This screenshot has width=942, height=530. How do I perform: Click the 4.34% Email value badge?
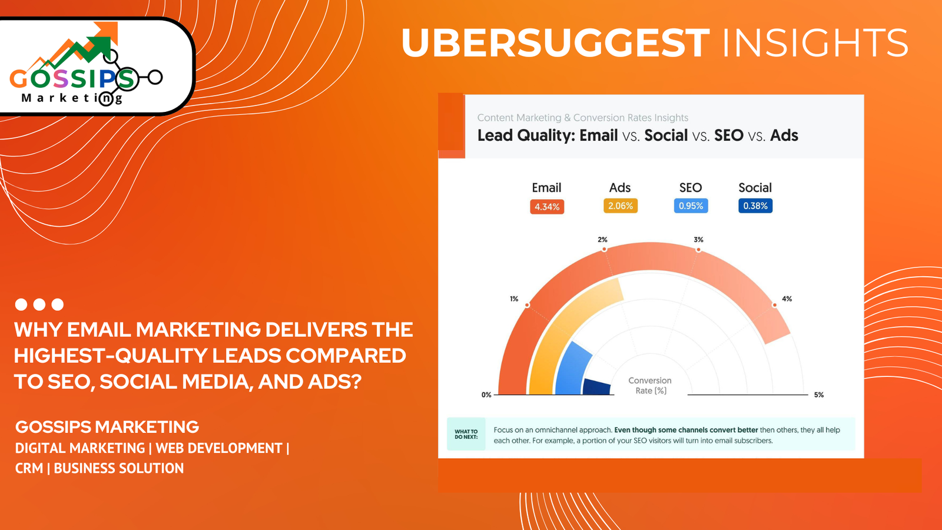tap(547, 207)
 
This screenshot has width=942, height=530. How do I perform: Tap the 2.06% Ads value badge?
tap(621, 206)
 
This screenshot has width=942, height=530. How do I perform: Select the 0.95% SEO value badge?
tap(691, 206)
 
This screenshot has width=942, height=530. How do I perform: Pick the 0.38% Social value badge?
tap(755, 206)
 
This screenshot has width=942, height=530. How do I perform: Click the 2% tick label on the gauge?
tap(602, 240)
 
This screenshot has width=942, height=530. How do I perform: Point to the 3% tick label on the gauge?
tap(698, 240)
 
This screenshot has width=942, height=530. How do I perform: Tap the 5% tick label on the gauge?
tap(818, 395)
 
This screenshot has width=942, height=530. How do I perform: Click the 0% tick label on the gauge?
tap(486, 395)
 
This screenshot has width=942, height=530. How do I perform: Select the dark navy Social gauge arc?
tap(596, 387)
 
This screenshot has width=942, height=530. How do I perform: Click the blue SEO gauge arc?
tap(571, 368)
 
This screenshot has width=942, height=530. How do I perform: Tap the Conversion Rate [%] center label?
tap(650, 386)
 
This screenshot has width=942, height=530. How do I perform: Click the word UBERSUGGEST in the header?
tap(555, 43)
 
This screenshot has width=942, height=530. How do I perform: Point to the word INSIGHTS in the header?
tap(815, 43)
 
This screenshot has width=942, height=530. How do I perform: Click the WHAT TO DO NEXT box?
tap(466, 434)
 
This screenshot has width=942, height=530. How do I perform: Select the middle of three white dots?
tap(39, 304)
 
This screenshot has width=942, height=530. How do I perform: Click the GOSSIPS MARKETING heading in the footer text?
tap(107, 427)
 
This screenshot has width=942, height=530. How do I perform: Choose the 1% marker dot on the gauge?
tap(527, 305)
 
